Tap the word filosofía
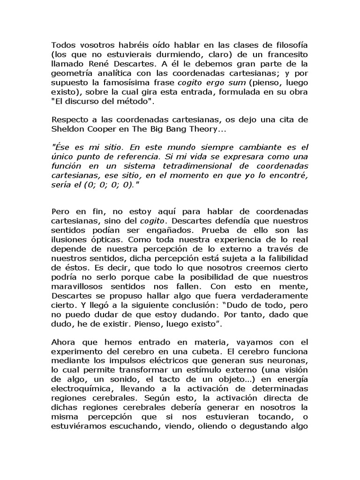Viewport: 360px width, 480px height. [288, 44]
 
